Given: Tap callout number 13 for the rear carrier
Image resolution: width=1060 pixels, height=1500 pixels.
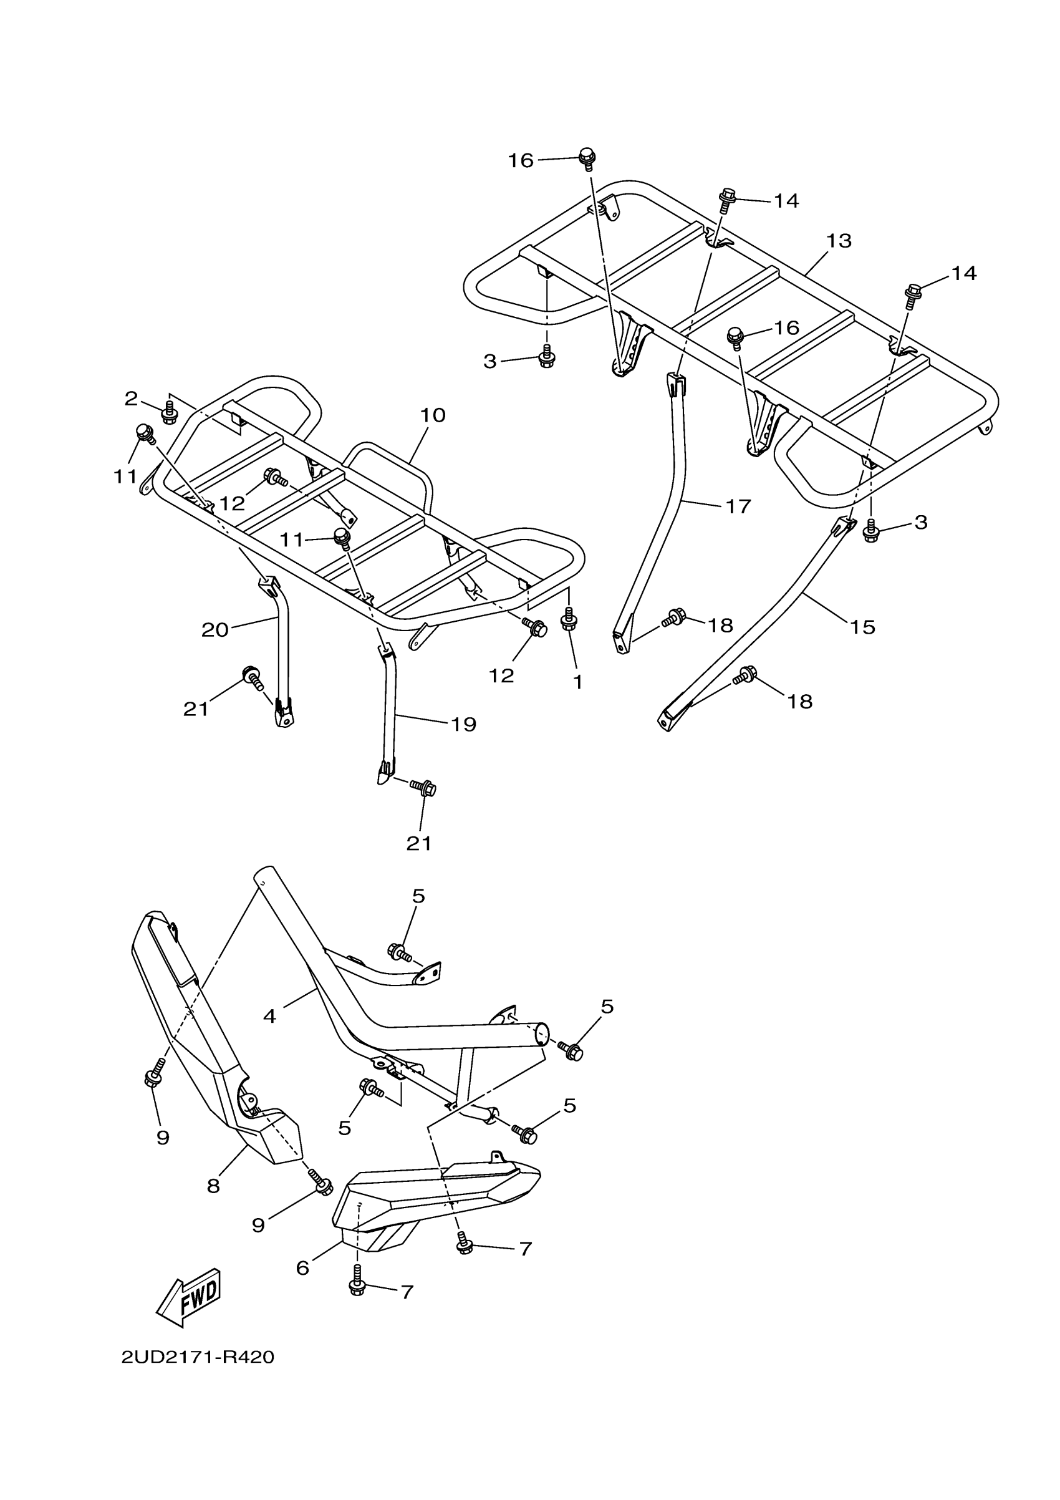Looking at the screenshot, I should [x=839, y=241].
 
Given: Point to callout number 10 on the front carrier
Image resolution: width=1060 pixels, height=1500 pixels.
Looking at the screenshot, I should [x=432, y=415].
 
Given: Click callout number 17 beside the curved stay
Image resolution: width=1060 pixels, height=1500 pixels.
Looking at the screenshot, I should [x=738, y=506].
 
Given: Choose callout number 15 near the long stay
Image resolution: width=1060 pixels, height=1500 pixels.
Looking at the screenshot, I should [x=862, y=627].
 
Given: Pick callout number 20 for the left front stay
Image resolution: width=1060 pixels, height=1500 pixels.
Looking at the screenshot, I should [x=215, y=630].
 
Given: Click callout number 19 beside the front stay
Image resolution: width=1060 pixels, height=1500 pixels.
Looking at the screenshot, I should [x=464, y=724].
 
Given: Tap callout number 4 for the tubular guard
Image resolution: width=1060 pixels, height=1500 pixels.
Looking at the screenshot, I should [x=269, y=1016].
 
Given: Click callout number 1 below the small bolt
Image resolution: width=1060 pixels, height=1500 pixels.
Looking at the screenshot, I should [x=577, y=682].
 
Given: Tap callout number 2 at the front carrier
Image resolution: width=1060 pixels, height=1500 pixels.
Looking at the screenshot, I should [x=132, y=398].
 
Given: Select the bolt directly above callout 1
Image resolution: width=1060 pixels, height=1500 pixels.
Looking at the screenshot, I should [x=569, y=619].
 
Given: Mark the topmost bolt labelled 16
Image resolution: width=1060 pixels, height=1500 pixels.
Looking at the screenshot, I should [x=587, y=157].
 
